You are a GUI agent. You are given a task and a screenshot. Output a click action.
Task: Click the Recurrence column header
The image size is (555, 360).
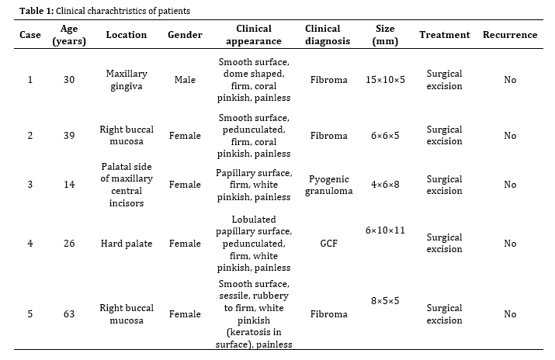(x=510, y=35)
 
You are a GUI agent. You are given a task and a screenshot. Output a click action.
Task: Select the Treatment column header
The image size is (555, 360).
(x=445, y=35)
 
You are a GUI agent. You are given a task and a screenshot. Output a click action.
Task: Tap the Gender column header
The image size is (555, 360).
(x=185, y=35)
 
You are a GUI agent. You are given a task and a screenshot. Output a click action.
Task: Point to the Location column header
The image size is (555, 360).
(x=127, y=35)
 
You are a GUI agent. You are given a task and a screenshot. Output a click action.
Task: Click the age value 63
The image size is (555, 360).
(x=69, y=314)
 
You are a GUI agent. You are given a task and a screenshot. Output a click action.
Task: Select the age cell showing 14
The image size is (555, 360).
(x=69, y=185)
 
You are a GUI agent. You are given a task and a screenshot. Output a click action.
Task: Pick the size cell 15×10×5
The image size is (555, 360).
(x=385, y=80)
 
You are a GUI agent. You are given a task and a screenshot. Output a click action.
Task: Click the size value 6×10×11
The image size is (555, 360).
(x=385, y=230)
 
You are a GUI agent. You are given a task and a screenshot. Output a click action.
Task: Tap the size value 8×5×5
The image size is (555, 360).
(x=385, y=301)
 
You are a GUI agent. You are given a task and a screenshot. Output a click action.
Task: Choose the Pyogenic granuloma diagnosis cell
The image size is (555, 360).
(x=329, y=185)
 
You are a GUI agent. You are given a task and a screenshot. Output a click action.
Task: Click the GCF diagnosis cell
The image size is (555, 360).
(x=329, y=244)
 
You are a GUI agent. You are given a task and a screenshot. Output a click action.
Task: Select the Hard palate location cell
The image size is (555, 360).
(x=127, y=244)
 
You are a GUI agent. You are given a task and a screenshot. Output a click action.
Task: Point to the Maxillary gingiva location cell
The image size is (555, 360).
(x=127, y=80)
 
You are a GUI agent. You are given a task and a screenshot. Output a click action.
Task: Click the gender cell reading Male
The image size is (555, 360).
(x=185, y=80)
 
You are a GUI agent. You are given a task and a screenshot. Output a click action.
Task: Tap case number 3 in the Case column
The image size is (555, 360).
(x=30, y=185)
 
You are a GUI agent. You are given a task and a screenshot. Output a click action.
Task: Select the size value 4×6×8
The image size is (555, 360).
(x=385, y=185)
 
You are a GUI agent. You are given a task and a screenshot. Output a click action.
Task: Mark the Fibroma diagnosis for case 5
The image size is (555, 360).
(x=329, y=314)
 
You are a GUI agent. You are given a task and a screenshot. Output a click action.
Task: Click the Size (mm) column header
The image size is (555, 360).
(x=385, y=35)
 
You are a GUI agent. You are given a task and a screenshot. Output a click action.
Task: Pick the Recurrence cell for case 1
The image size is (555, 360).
(x=510, y=80)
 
